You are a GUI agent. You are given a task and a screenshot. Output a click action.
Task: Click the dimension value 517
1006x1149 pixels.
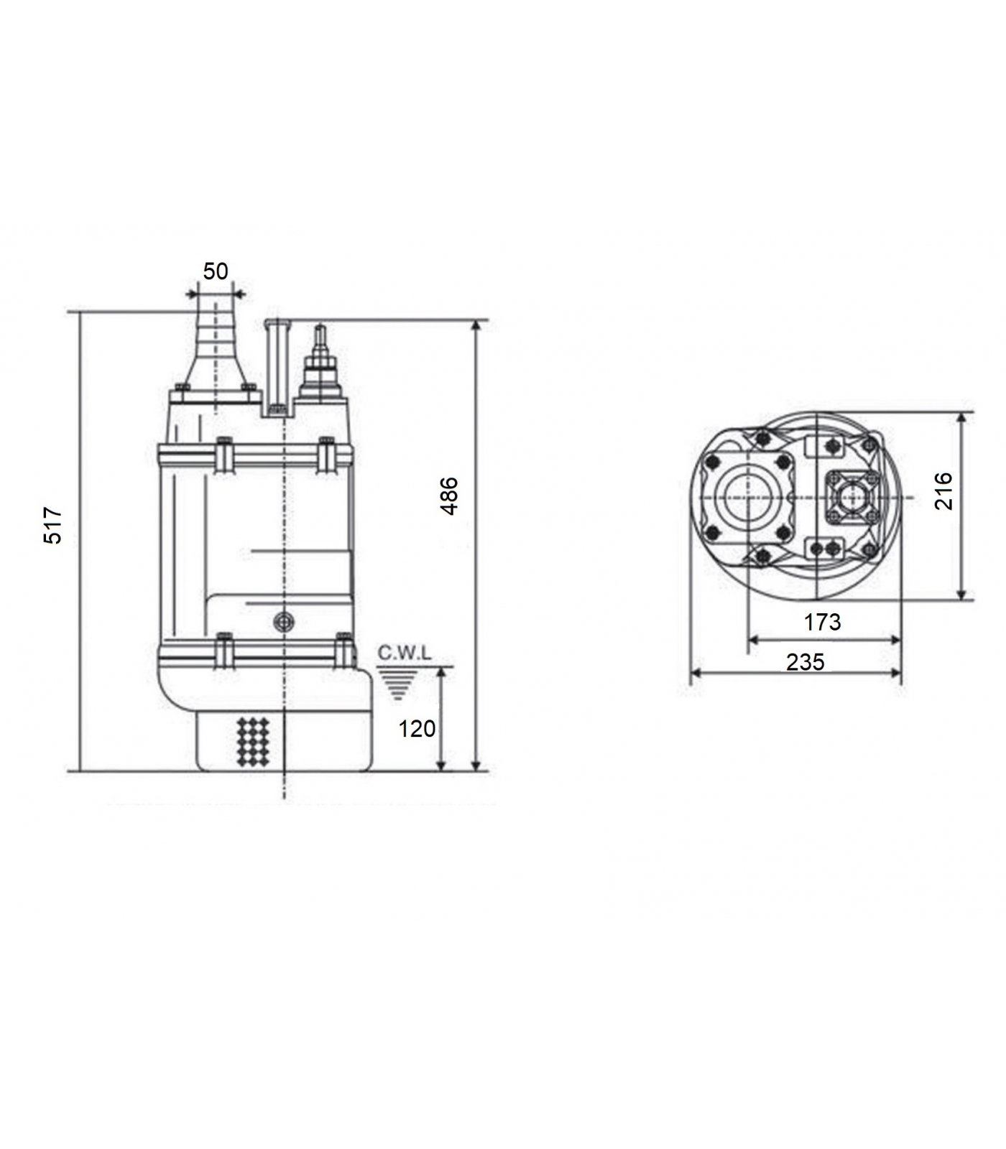[x=54, y=525]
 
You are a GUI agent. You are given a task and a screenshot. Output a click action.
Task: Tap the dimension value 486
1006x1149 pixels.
[x=449, y=496]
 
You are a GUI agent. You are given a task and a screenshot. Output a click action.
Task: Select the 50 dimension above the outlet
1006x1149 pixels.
[x=216, y=271]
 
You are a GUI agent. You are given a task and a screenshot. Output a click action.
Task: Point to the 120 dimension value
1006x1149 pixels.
[x=417, y=729]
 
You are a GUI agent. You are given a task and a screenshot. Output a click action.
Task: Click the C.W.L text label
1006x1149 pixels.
[x=405, y=653]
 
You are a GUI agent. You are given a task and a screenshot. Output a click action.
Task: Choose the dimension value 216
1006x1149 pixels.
[x=943, y=491]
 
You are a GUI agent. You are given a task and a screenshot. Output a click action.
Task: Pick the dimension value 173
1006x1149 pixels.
[x=822, y=622]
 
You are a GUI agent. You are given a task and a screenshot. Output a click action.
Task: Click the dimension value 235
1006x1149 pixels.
[x=806, y=661]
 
